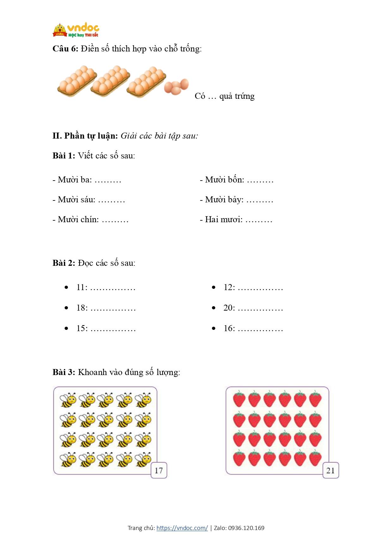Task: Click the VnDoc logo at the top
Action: (76, 30)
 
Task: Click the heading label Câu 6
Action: (65, 49)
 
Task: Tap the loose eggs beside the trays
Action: (176, 86)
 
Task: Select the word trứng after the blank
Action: (244, 96)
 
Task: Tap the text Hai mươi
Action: (224, 220)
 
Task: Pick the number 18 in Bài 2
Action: (82, 308)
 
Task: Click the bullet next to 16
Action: (214, 329)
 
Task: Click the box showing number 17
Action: (159, 471)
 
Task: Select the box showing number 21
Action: (330, 471)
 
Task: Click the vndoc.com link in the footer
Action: (182, 528)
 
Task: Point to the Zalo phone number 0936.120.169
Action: (246, 528)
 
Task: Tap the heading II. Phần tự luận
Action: (85, 136)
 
